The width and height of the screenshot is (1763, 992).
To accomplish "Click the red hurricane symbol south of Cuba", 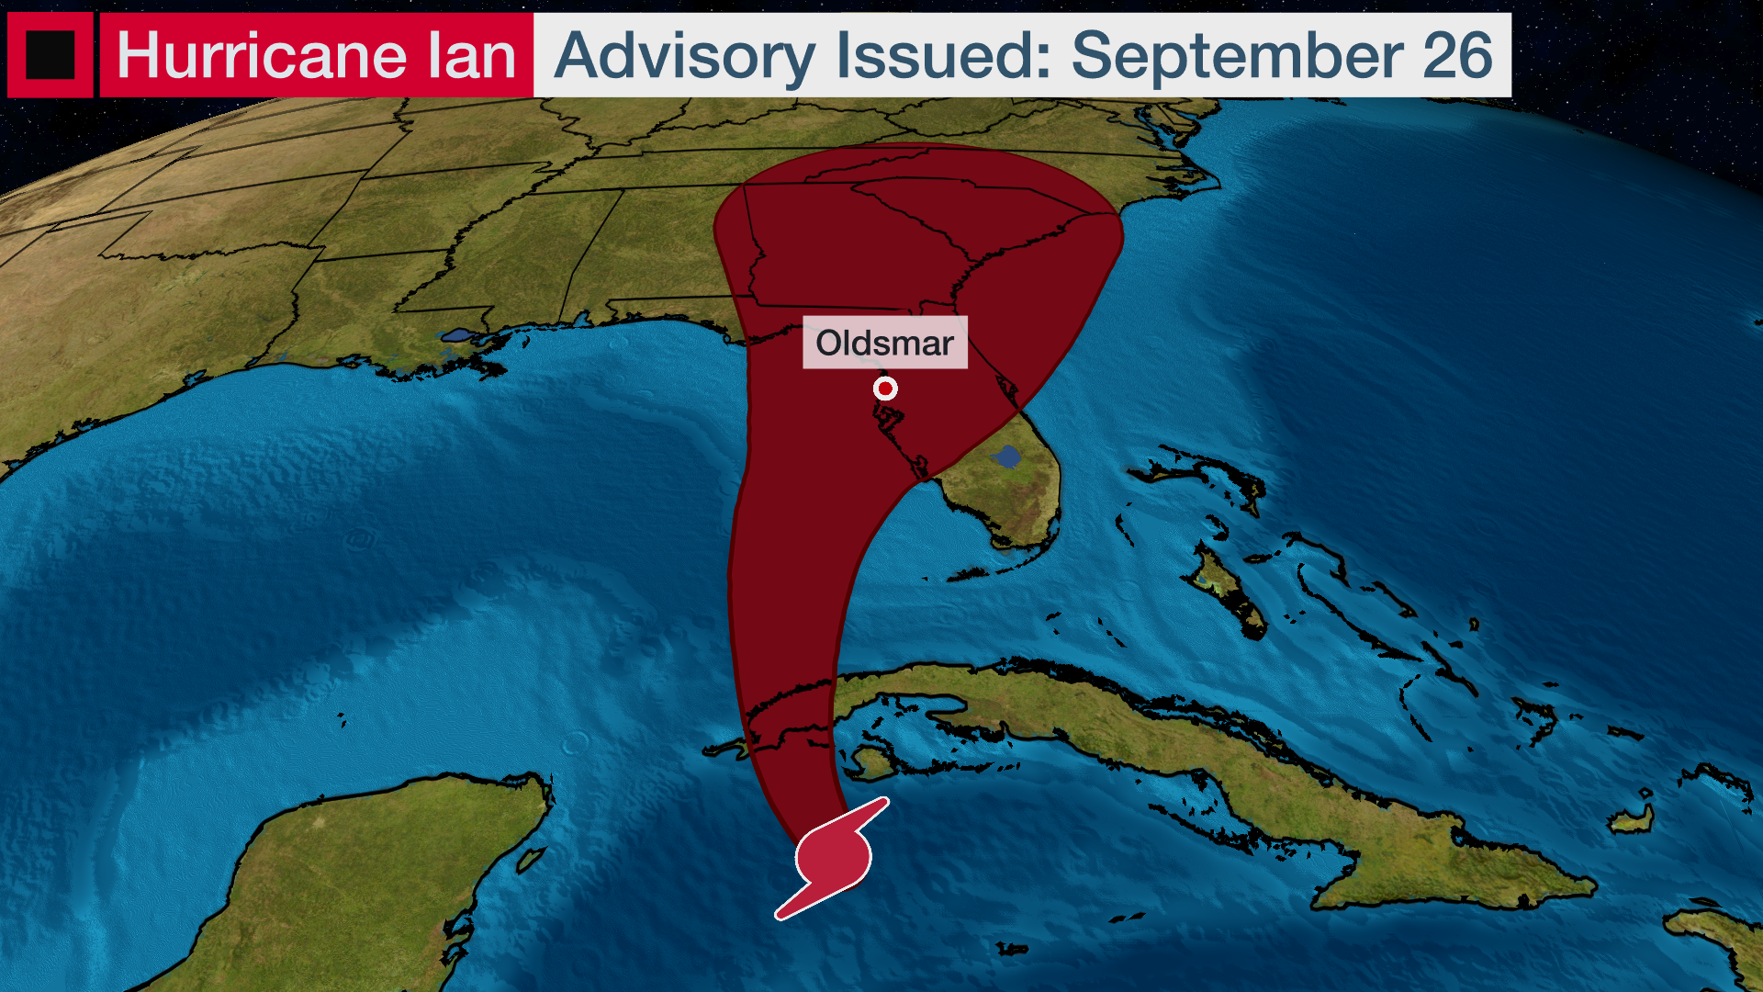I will click(x=832, y=858).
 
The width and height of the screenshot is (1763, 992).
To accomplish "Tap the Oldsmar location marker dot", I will click(x=885, y=389).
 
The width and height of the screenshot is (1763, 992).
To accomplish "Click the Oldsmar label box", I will click(x=884, y=343).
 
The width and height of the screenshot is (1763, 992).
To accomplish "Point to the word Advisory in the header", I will click(x=684, y=57).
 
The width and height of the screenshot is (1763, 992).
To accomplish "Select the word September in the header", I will click(x=1237, y=57).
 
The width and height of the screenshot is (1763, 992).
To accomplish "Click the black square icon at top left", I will click(x=50, y=55).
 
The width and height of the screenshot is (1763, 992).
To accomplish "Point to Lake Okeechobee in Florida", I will click(x=1007, y=457).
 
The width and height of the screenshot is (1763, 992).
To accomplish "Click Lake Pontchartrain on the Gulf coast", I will click(x=457, y=335).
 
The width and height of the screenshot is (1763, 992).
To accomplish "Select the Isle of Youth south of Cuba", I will click(x=871, y=761).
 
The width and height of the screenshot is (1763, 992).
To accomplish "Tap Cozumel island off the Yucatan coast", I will click(x=532, y=860).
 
